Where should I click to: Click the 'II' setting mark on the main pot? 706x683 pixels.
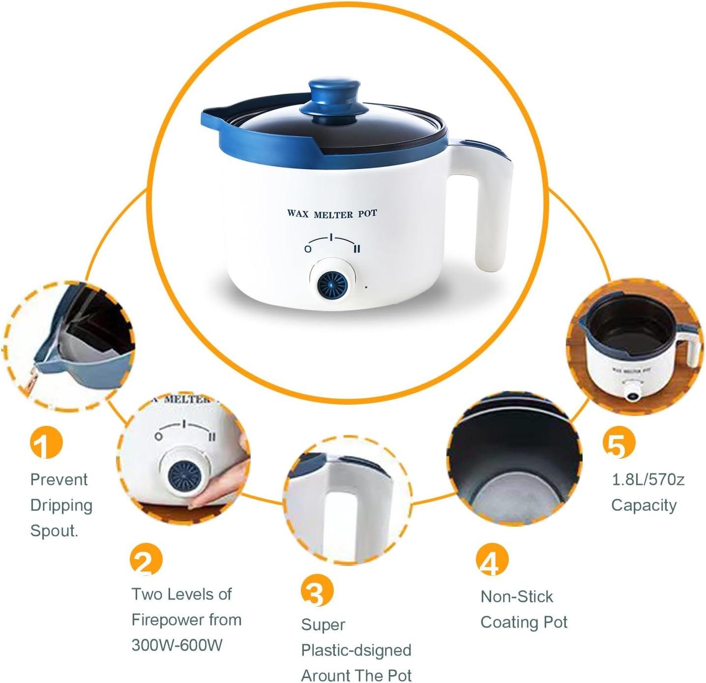click(x=357, y=249)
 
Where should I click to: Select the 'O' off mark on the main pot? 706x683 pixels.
click(x=308, y=249)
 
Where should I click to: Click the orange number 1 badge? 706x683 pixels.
click(x=46, y=443)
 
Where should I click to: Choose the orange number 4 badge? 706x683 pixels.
click(x=492, y=560)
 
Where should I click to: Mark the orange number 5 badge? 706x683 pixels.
click(x=618, y=443)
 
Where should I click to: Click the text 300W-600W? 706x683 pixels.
click(x=177, y=645)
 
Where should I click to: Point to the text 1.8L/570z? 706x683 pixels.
click(x=647, y=479)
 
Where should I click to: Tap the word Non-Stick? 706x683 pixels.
click(x=517, y=596)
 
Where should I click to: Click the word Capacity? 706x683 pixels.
click(x=644, y=505)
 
